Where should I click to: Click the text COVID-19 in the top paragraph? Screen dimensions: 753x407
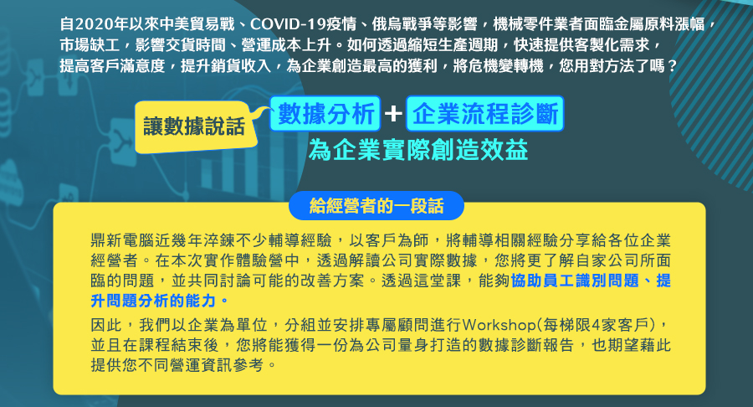point(284,24)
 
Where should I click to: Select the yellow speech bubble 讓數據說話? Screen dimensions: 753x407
point(194,126)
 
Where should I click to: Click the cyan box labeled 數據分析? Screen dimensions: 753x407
point(325,114)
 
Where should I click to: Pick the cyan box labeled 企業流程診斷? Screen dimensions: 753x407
point(484,114)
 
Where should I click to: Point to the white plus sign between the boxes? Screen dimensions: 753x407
point(393,114)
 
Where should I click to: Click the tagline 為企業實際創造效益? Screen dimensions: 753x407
point(418,150)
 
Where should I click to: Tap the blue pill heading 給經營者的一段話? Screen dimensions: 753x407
point(376,206)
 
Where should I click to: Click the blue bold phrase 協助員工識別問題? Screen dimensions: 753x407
point(576,281)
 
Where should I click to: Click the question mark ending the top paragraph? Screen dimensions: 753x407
point(672,66)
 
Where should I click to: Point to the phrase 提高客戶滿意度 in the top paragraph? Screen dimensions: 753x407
point(112,66)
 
